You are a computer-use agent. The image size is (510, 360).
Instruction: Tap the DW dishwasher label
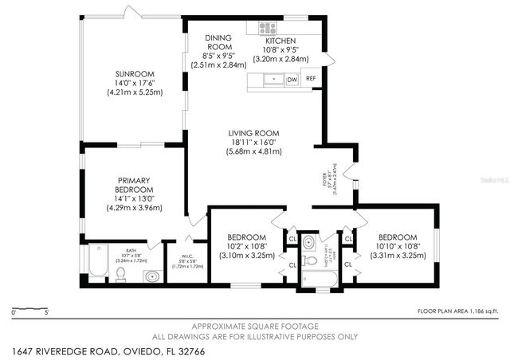(292, 80)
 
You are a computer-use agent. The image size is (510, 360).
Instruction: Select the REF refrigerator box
(311, 80)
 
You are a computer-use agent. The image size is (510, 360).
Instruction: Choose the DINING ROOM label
(218, 42)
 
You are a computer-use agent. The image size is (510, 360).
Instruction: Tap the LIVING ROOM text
(253, 133)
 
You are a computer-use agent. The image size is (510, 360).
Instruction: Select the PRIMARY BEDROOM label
(135, 185)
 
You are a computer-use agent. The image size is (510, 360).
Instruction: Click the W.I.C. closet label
(188, 256)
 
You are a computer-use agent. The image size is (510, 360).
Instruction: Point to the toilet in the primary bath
(120, 274)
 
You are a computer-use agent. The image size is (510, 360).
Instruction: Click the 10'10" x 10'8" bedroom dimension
(397, 247)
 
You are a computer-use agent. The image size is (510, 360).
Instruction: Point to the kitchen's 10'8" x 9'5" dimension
(275, 49)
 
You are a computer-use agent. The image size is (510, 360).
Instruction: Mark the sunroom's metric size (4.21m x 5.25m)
(135, 92)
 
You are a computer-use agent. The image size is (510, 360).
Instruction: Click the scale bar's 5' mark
(46, 313)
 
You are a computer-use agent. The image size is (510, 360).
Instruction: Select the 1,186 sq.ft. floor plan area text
(457, 311)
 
